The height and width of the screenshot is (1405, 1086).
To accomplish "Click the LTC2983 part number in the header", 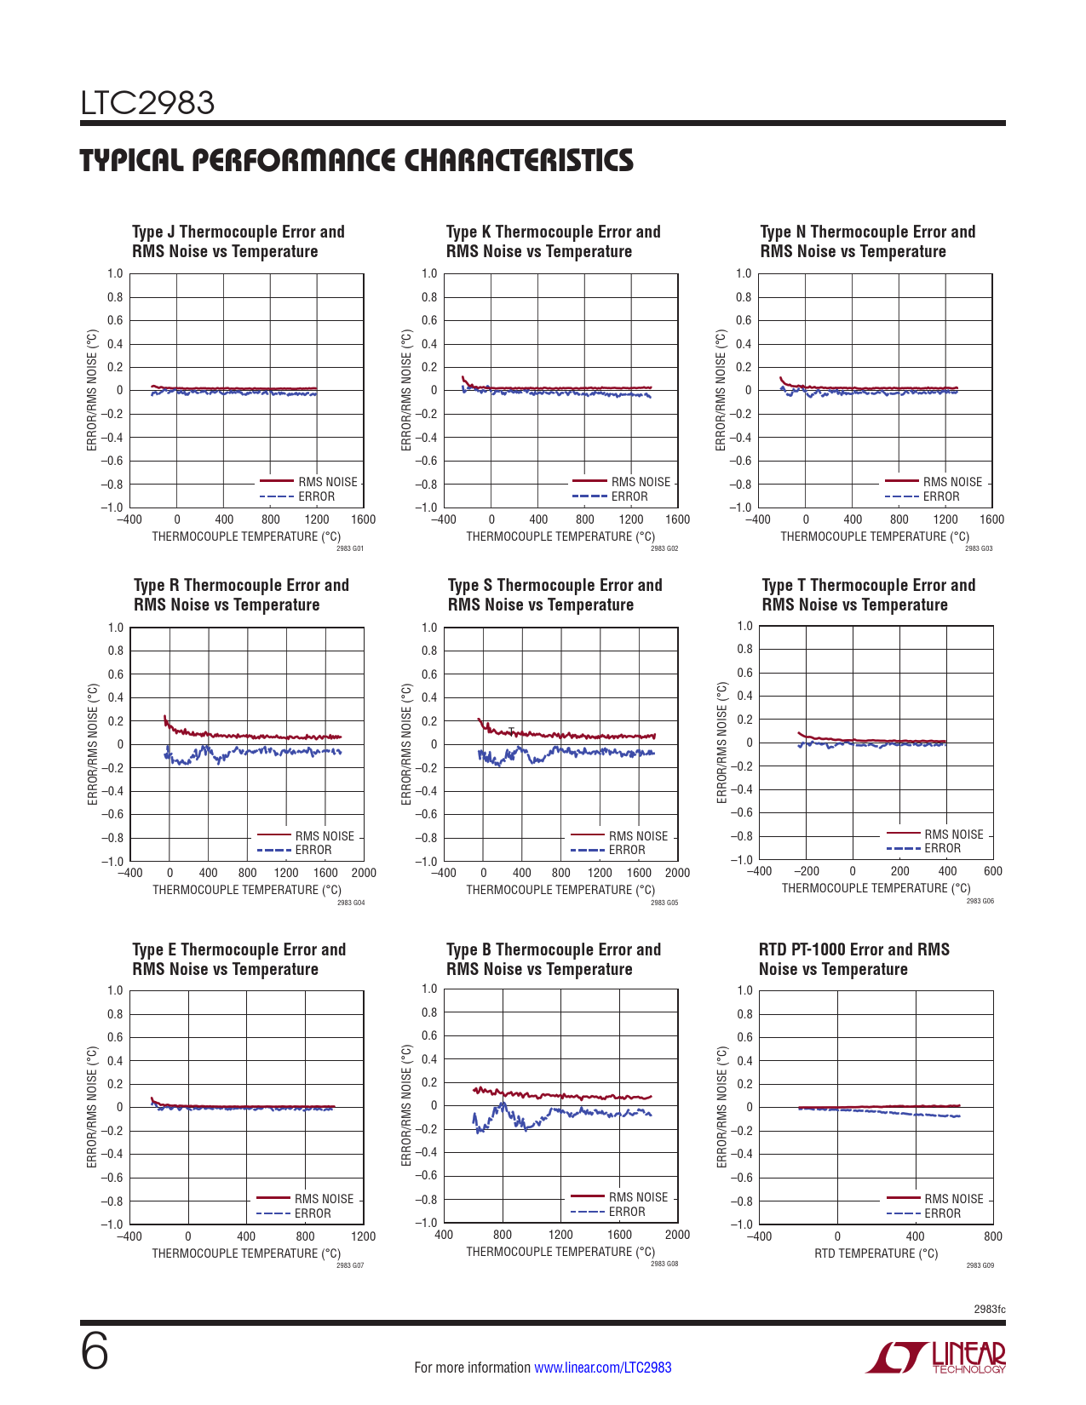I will click(147, 103).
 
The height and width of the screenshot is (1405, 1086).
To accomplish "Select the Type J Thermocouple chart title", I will click(238, 241).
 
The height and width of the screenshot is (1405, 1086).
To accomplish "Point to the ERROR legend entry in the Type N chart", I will click(940, 496).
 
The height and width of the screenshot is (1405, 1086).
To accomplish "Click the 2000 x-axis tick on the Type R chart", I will click(364, 873).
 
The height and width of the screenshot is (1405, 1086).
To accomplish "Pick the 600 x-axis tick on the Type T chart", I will click(992, 871).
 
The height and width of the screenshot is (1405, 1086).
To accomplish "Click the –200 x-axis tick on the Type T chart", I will click(806, 871).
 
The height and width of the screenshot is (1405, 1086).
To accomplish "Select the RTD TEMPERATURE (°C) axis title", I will click(876, 1253).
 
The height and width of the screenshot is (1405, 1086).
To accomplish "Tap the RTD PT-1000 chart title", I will click(853, 959).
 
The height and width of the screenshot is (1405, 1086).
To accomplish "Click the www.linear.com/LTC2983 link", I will click(602, 1368).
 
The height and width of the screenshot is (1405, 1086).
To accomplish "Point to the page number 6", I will click(95, 1351).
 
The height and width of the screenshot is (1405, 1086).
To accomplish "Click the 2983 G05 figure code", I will click(664, 903).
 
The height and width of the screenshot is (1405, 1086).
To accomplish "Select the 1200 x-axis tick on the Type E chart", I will click(363, 1236).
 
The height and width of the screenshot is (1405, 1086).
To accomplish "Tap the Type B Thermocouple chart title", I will click(553, 959).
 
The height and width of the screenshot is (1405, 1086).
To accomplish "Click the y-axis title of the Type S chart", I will click(406, 743).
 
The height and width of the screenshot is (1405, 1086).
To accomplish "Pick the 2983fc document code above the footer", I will click(989, 1309).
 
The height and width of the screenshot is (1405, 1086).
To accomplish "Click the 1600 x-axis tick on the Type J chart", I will click(363, 519).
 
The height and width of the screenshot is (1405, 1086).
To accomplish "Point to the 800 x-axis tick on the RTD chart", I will click(992, 1236).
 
